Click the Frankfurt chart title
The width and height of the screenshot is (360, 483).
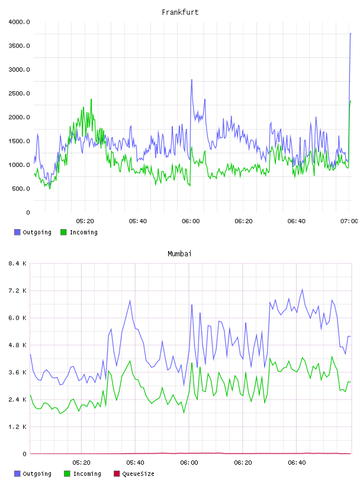[180, 12]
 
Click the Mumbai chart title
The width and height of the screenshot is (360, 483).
[179, 254]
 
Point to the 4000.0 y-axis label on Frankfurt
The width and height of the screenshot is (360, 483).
[19, 22]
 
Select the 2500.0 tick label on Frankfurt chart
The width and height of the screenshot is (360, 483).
[19, 94]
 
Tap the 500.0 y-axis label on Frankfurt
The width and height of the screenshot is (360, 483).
[21, 188]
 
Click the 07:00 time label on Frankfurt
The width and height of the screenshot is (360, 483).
[349, 221]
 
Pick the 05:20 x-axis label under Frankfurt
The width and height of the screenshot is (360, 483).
[85, 221]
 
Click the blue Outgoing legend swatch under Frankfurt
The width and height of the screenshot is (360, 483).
[17, 232]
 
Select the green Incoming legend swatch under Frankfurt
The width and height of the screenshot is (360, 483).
[63, 232]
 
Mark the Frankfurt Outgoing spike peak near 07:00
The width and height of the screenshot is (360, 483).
[351, 33]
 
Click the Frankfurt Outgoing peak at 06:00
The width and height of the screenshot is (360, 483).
[192, 80]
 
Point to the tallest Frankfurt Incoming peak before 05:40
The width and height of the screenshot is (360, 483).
[91, 99]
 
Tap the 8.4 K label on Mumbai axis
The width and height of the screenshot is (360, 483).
[17, 263]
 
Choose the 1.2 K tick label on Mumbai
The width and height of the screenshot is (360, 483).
[17, 427]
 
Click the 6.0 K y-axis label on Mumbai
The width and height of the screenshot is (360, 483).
[17, 318]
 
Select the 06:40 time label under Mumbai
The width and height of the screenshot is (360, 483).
[297, 463]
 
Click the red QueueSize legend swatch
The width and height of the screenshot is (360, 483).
[117, 474]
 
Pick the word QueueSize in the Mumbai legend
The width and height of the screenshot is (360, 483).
[138, 474]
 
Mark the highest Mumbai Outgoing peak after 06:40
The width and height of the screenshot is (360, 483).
[303, 289]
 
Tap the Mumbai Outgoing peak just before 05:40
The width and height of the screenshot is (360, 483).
[130, 300]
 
